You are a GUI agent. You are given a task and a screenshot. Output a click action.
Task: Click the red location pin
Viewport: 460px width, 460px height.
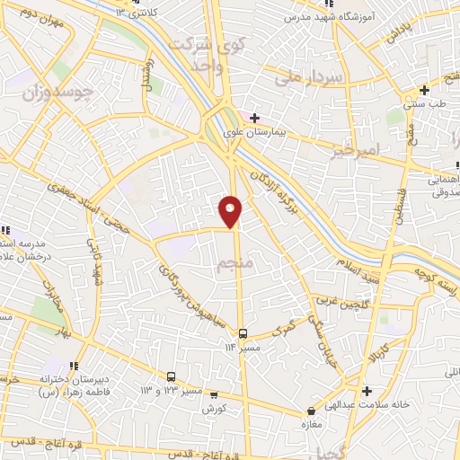(x=231, y=209)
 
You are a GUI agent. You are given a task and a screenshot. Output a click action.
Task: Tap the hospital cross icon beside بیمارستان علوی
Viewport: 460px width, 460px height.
(x=254, y=117)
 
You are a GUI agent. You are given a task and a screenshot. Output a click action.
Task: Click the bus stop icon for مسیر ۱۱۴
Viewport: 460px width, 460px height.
(x=242, y=334)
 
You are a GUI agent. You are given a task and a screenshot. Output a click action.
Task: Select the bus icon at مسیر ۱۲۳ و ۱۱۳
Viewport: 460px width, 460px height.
(x=171, y=377)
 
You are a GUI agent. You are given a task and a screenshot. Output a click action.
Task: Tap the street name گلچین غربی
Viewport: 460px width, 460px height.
(x=341, y=303)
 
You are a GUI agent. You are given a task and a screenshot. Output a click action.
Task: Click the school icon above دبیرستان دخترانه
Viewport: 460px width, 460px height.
(x=74, y=366)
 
